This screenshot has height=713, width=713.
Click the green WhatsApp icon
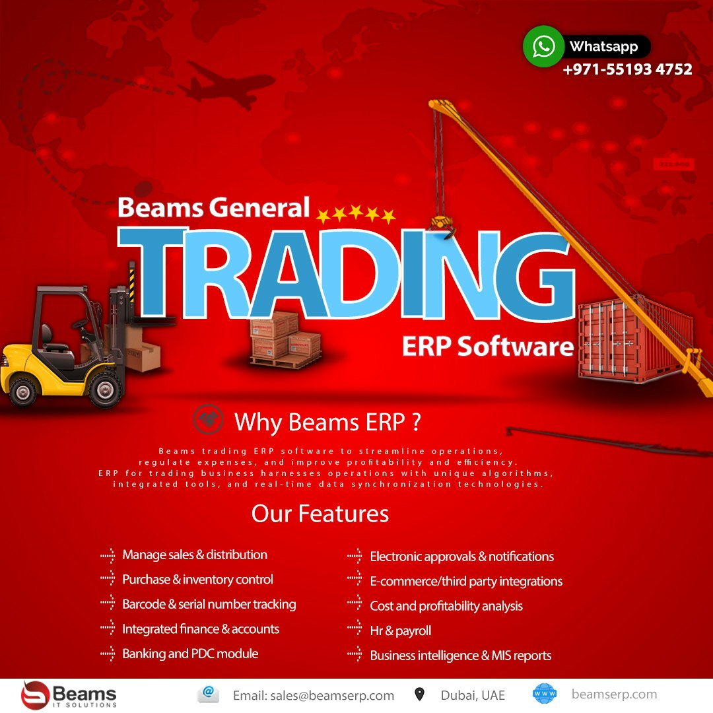click(543, 46)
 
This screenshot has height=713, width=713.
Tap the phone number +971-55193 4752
click(627, 69)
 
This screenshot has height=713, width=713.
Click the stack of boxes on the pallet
click(285, 340)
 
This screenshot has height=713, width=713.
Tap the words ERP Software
click(487, 347)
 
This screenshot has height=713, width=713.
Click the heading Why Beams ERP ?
click(327, 421)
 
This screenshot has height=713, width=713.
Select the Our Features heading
click(320, 514)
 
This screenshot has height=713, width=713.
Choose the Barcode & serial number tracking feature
click(209, 604)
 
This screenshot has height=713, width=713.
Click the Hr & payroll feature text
click(400, 630)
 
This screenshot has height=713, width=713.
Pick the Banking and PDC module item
click(190, 654)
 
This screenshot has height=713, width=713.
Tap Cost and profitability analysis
click(446, 606)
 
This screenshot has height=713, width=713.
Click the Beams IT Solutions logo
click(69, 696)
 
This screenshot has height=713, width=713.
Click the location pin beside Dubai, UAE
click(419, 695)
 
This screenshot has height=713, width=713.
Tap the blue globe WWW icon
click(545, 695)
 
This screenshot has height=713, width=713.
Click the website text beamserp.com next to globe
click(614, 695)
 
